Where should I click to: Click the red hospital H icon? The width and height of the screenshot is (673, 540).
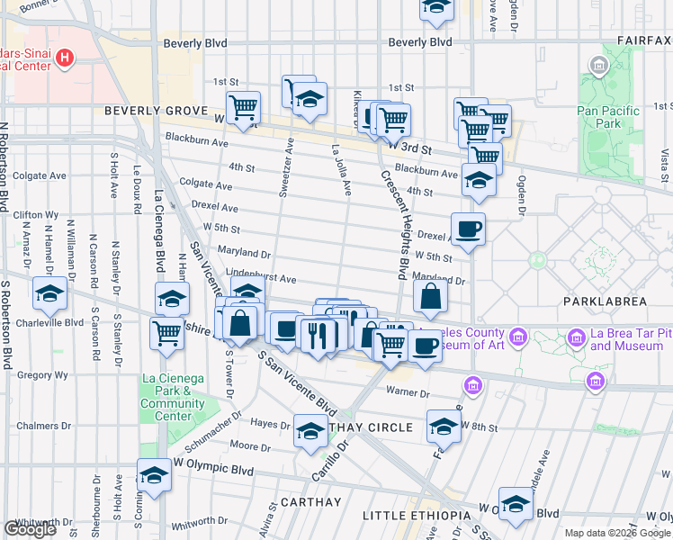click(x=65, y=59)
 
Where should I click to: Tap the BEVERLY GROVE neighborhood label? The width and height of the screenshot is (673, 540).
click(x=157, y=111)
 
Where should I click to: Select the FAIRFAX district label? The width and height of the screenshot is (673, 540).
click(x=644, y=40)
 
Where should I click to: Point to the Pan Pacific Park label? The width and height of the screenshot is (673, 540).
click(x=607, y=117)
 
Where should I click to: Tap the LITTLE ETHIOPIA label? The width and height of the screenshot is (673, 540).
click(x=416, y=515)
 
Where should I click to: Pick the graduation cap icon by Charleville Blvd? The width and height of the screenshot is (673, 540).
click(x=50, y=294)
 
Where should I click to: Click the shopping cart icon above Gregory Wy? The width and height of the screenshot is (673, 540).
click(x=167, y=332)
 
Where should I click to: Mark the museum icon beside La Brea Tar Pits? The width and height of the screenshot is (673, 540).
click(x=575, y=338)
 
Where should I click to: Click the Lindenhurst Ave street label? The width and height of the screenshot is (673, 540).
click(x=260, y=280)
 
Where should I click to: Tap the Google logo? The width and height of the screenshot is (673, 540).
click(x=31, y=529)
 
